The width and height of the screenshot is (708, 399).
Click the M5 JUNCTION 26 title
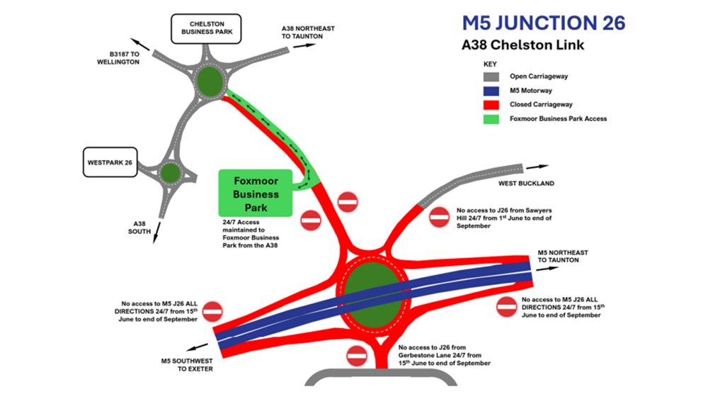tap(544, 23)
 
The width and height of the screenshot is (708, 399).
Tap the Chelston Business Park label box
tap(207, 28)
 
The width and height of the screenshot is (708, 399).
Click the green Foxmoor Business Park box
tap(256, 193)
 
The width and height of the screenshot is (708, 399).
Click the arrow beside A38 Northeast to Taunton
tap(305, 45)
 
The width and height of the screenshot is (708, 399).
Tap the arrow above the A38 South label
tap(154, 232)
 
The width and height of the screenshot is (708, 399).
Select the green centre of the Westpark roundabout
tap(170, 172)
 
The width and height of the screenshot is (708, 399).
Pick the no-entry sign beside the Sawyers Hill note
tap(440, 217)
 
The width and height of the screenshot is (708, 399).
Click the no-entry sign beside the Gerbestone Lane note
tap(358, 356)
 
